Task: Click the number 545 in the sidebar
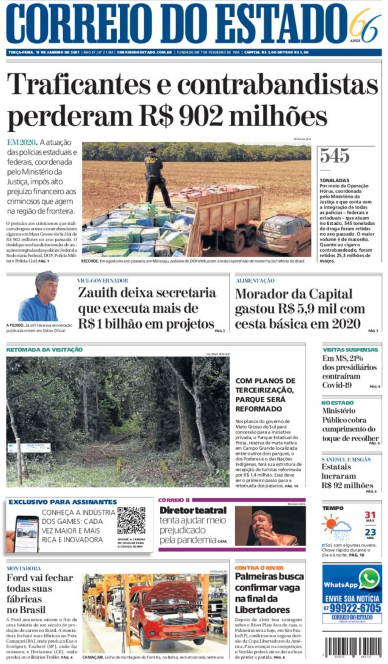(335, 156)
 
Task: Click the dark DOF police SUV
(284, 234)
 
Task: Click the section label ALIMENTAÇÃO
(255, 281)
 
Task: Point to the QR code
(131, 520)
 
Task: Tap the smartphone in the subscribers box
(27, 534)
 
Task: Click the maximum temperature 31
(370, 515)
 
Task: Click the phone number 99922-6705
(355, 608)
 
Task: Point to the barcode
(353, 648)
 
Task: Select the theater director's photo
(270, 526)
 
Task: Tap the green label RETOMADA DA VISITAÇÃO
(44, 350)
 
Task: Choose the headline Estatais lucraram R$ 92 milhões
(347, 476)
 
